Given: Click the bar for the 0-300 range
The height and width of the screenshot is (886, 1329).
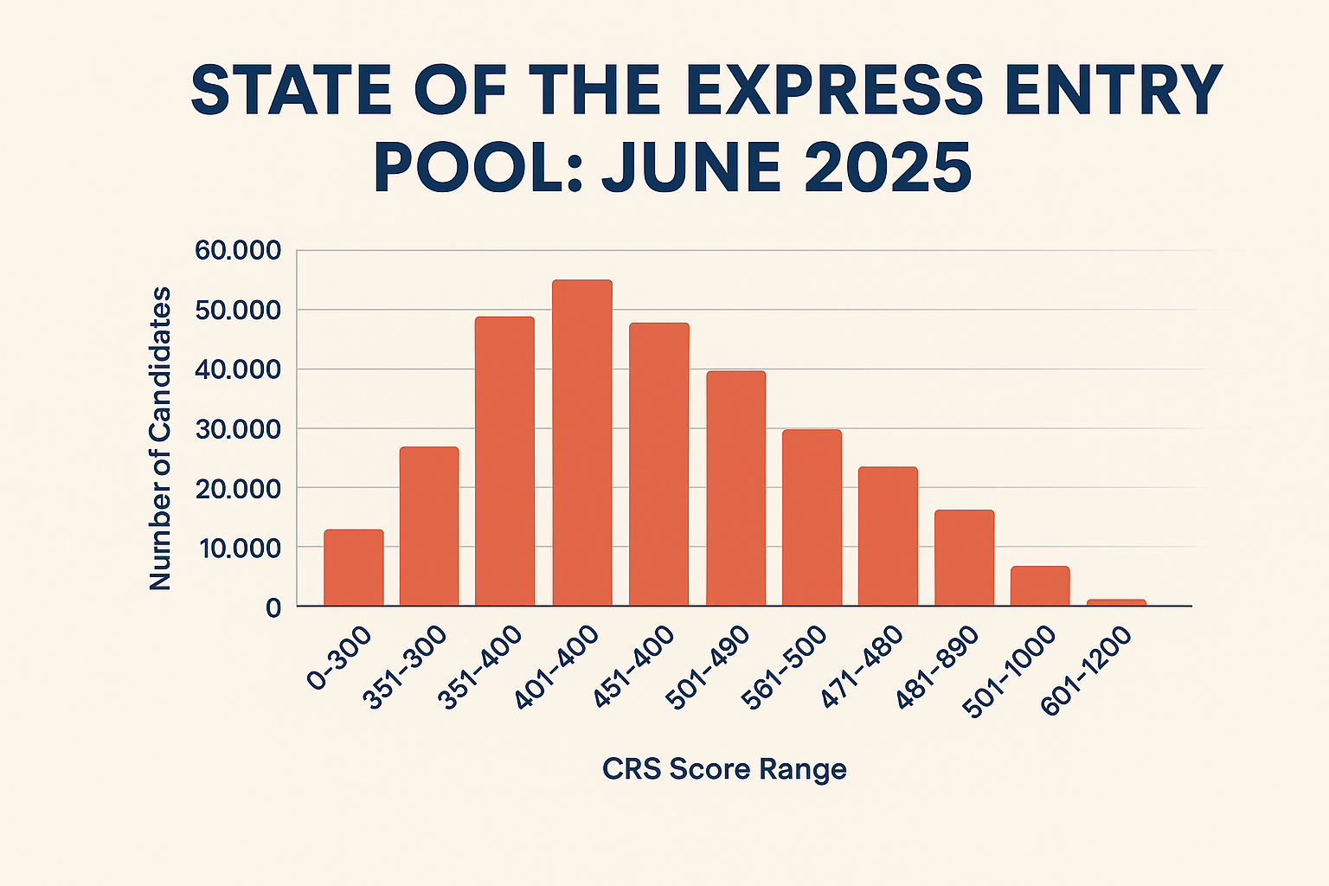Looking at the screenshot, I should coord(354,568).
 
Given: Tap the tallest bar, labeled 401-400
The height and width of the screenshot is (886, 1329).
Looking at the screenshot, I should coord(582,443).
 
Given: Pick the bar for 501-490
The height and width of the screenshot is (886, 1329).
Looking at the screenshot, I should coord(735,488).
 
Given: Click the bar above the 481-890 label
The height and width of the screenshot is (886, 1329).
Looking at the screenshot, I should coord(964,558).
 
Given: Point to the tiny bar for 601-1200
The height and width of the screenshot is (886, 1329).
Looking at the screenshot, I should coord(1116,602).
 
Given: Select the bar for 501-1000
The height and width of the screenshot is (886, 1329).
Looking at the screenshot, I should coord(1040,586).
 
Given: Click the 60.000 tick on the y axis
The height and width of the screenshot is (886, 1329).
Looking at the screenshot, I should coord(239,251).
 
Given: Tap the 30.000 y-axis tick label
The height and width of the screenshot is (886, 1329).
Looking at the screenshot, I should coord(239,429).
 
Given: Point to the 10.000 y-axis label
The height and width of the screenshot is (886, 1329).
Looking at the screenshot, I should coord(239,548).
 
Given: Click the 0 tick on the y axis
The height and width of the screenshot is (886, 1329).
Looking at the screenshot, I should coord(273,607).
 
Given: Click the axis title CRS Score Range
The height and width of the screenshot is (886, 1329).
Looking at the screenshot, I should coord(724,768).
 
